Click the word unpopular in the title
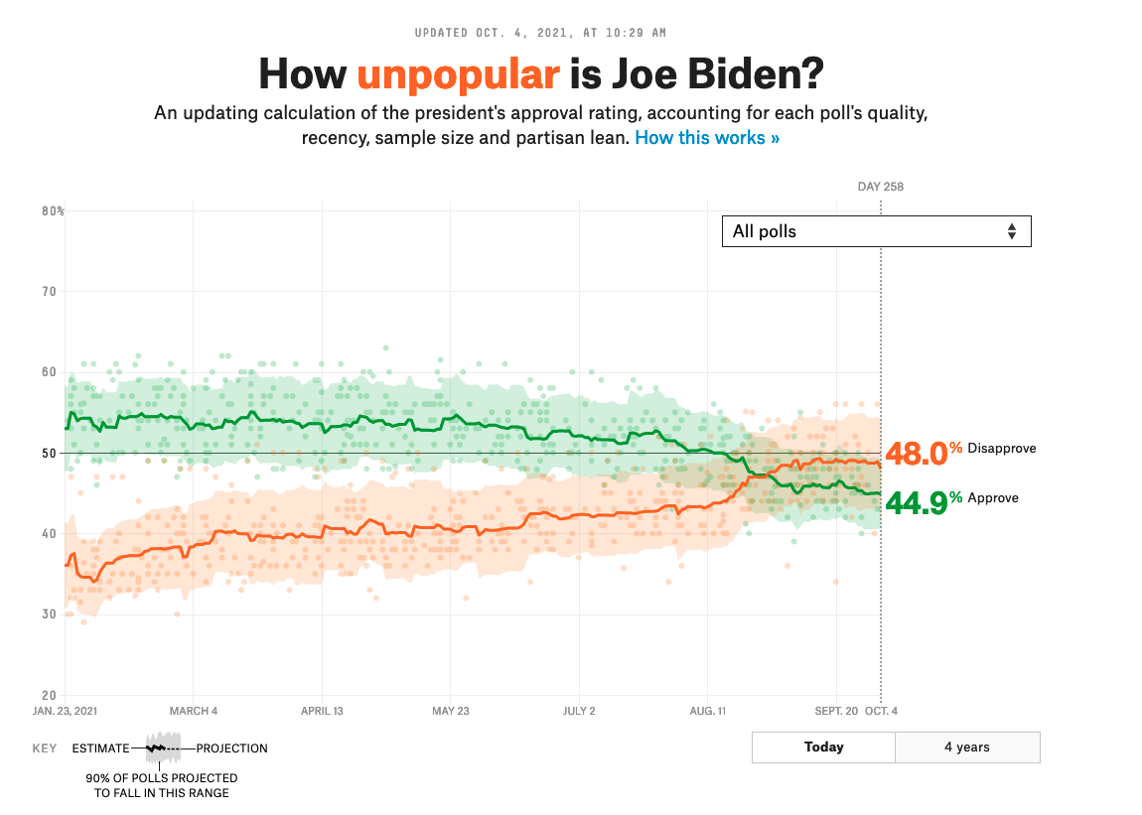point(458,74)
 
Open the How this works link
point(707,138)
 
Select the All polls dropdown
point(876,231)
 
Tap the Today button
point(823,747)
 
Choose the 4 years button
point(967,747)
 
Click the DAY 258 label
point(881,187)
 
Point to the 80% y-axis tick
point(53,211)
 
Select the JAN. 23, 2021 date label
point(66,711)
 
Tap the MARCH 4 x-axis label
point(193,711)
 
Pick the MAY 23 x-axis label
point(450,711)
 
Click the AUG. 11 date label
point(707,711)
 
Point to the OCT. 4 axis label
point(881,711)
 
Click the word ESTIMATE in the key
point(100,748)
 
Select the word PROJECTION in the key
point(232,748)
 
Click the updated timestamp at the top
point(541,33)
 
